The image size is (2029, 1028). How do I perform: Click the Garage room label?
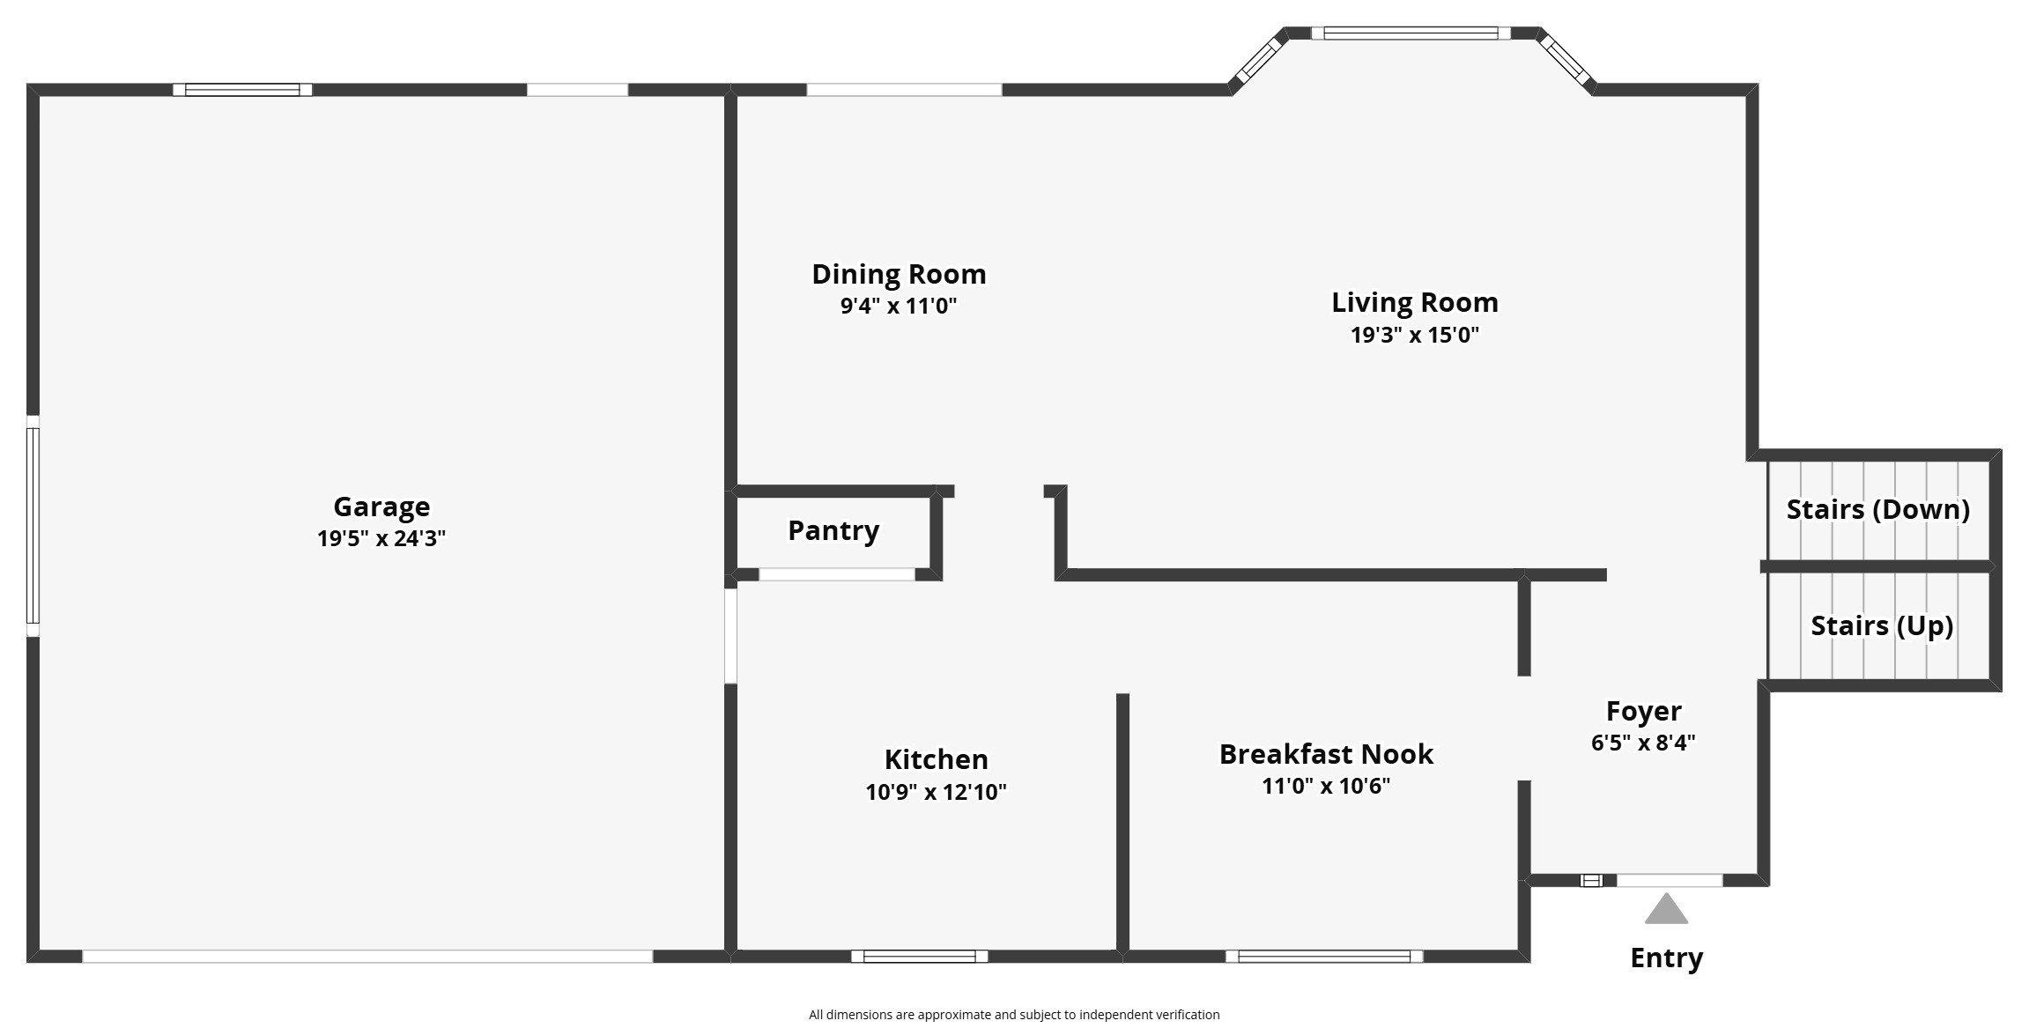381,507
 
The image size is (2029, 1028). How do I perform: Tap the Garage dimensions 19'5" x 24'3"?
381,538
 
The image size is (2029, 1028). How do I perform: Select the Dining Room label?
899,274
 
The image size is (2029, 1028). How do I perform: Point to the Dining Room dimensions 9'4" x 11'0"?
899,306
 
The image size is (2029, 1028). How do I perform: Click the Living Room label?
1415,302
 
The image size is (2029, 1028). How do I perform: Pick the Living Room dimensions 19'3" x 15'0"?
1415,335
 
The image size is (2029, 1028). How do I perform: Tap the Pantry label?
833,530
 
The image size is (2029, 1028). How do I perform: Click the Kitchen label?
937,759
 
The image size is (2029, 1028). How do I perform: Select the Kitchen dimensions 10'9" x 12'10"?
937,792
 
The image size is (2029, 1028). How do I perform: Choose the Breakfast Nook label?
1326,754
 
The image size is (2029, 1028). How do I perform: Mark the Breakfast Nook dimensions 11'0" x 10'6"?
1326,786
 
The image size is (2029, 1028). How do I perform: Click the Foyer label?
1644,711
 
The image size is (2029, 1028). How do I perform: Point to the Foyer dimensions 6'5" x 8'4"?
1644,743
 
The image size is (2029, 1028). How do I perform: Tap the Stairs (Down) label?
1878,509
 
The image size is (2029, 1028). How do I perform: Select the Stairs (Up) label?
1883,625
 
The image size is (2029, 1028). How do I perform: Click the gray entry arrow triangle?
1666,910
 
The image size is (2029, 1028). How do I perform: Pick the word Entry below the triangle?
1667,958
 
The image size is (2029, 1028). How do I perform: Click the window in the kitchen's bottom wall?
920,956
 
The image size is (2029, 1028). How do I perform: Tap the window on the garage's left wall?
33,526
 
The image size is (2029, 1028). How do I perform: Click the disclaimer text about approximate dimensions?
1014,1015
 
